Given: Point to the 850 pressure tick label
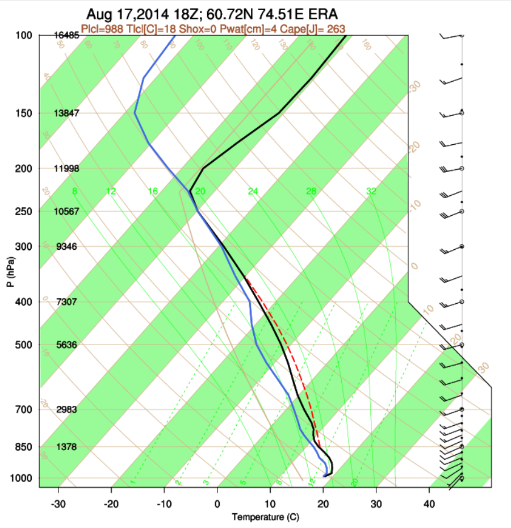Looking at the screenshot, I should (24, 447).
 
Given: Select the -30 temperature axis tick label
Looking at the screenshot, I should (58, 503).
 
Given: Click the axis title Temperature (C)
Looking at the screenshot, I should (265, 517).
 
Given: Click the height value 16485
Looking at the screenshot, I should (66, 35).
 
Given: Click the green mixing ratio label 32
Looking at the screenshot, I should (371, 191).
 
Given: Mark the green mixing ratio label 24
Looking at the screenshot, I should (253, 191).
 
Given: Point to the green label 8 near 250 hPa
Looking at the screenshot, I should (74, 191).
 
